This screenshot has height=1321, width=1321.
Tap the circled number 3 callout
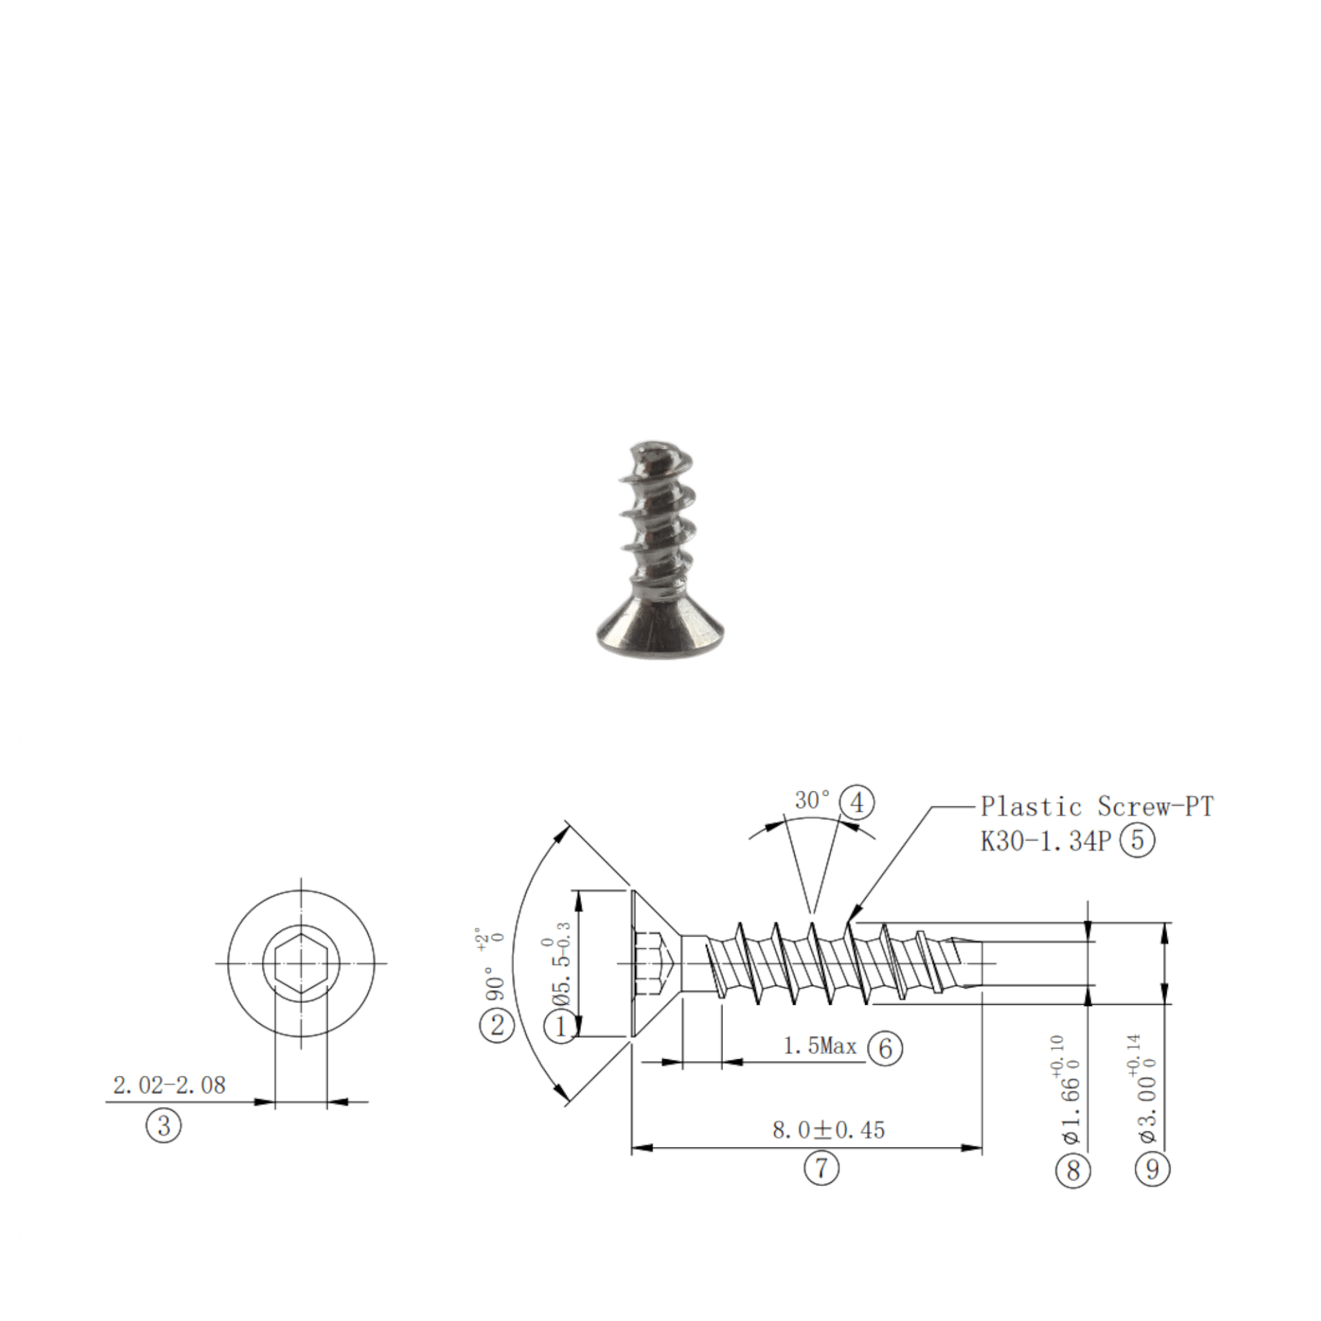163,1125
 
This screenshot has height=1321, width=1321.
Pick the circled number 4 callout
857,802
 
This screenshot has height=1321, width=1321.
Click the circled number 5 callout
1137,840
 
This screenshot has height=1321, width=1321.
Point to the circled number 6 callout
885,1048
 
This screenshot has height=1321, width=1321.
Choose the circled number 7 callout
820,1169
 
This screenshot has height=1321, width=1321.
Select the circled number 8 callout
1073,1171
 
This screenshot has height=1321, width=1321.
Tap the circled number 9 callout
1153,1169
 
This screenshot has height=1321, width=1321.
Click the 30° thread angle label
813,800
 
